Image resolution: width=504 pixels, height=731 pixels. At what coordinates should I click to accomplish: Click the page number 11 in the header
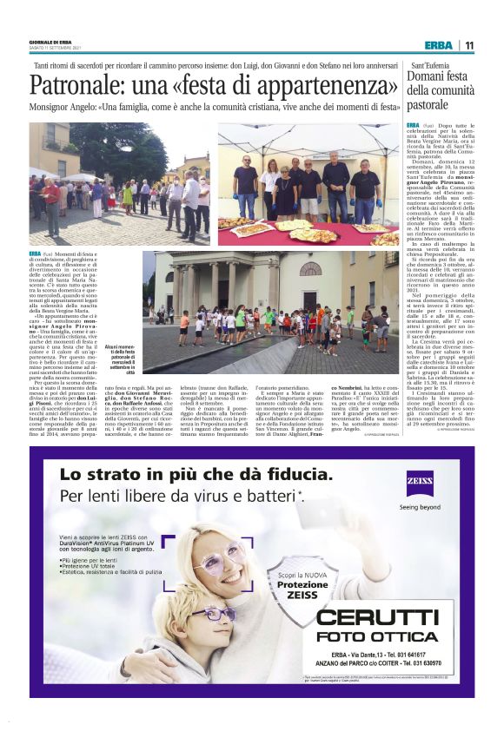tap(469, 45)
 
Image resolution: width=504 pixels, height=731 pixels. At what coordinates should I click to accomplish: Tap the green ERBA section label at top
tap(438, 45)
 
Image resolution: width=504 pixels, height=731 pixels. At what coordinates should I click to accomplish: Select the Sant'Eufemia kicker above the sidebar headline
tap(429, 65)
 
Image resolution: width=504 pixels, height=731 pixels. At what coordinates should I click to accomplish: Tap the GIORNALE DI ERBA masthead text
tap(50, 41)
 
